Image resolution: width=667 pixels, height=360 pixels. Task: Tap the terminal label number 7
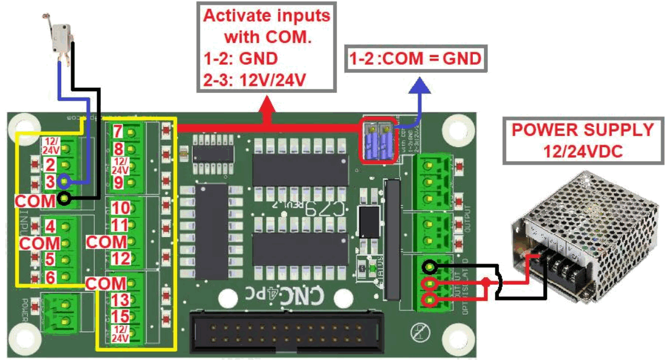(x=118, y=131)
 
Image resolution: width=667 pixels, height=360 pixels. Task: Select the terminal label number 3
(x=51, y=181)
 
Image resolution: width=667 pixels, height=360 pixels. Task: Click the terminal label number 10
(x=120, y=208)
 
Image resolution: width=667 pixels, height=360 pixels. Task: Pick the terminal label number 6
(x=51, y=277)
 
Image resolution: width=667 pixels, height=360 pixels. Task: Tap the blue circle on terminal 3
(x=64, y=181)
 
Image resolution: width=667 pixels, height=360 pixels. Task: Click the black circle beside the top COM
(x=64, y=199)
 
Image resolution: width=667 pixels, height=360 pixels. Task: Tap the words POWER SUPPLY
(x=582, y=129)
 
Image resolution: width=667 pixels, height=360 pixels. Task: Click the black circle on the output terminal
(x=431, y=268)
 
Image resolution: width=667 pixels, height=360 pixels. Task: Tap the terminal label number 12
(x=120, y=259)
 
